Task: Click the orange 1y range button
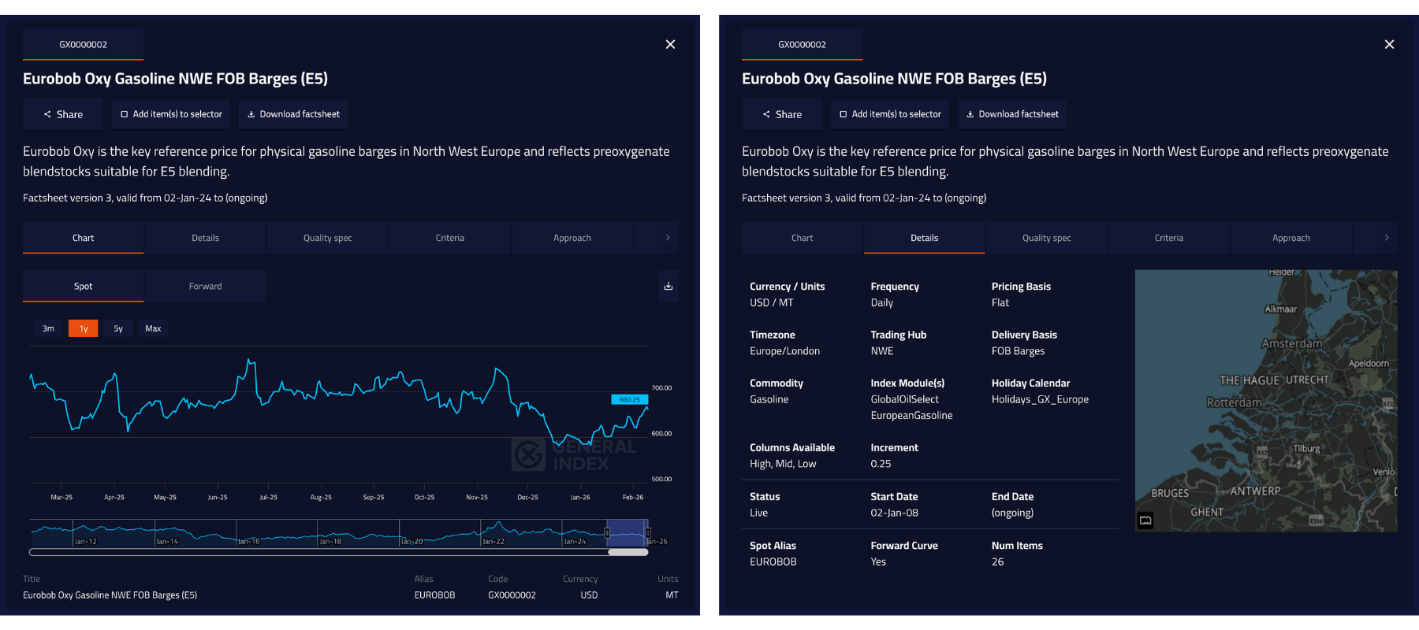coord(83,328)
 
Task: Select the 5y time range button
coord(118,328)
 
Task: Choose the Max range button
coord(153,328)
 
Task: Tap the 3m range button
coord(48,328)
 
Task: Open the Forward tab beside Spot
coord(205,286)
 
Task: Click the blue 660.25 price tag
coord(629,399)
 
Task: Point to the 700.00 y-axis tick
coord(661,388)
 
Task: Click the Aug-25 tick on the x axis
coord(321,497)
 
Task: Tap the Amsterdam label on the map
coord(1291,343)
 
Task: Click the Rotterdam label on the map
coord(1234,402)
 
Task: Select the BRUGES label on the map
coord(1170,493)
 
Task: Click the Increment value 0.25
coord(881,464)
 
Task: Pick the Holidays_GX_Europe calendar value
coord(1040,399)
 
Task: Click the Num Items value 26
coord(997,561)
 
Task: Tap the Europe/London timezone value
coord(784,351)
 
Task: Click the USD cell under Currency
coord(589,595)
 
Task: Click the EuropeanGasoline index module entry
coord(911,416)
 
